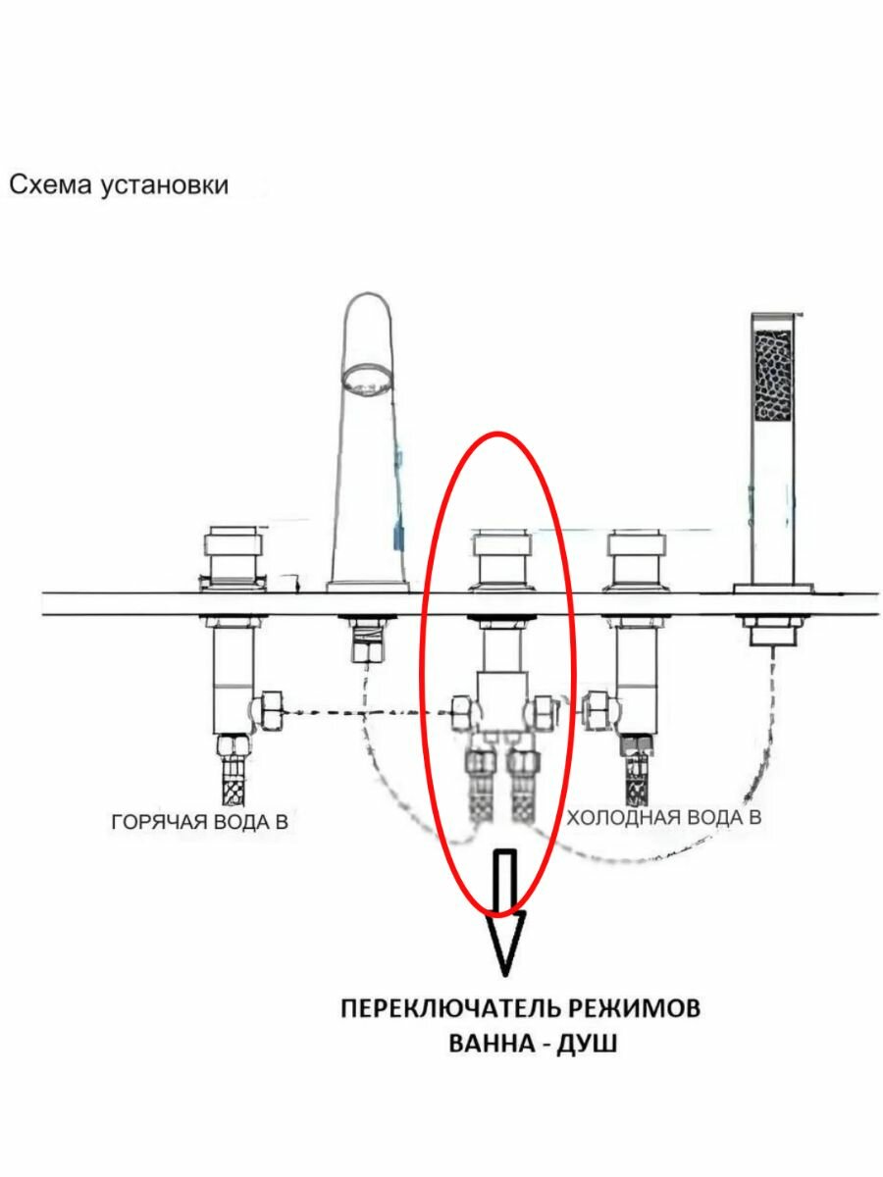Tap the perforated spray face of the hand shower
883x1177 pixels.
click(x=771, y=375)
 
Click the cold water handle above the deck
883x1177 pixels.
click(x=639, y=557)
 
